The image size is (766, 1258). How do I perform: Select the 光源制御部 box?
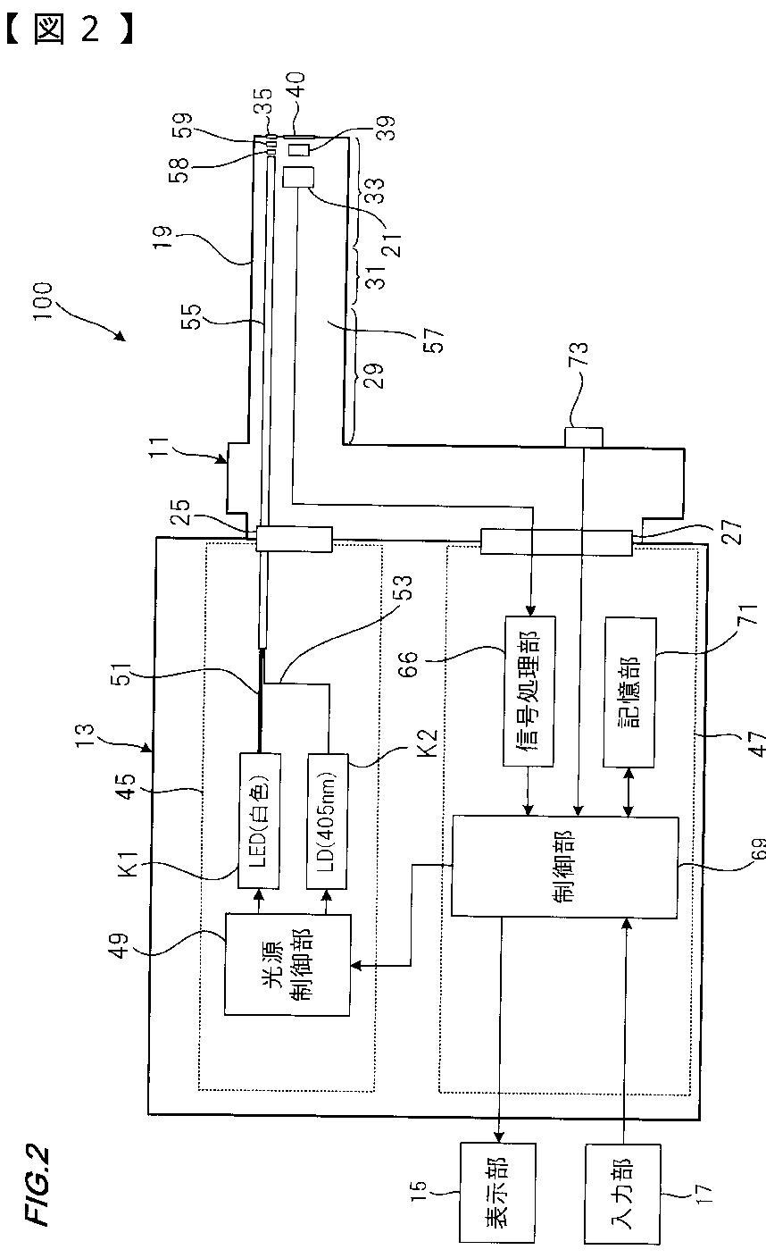(287, 952)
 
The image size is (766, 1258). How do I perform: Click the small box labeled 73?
(584, 437)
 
